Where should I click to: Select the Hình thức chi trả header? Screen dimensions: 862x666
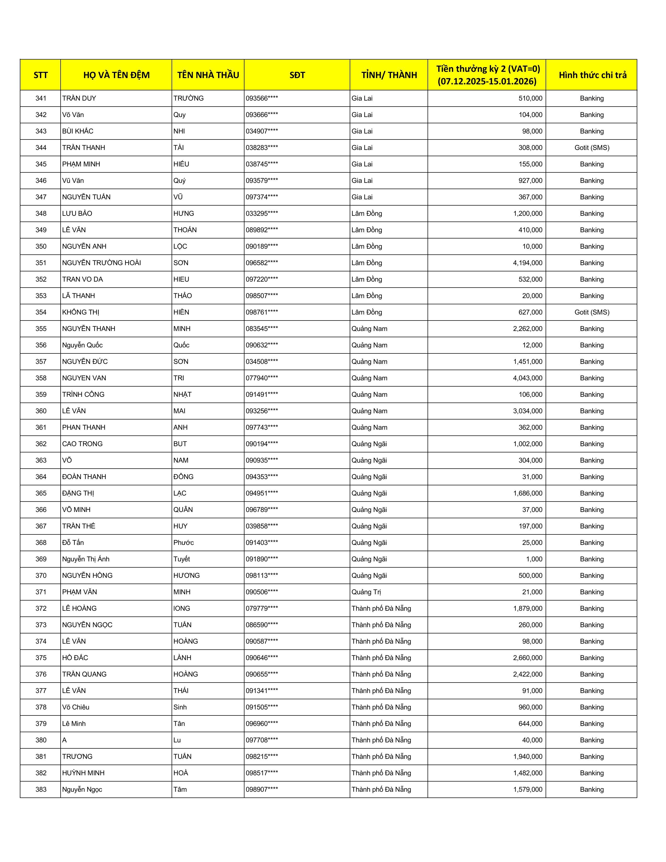(x=592, y=75)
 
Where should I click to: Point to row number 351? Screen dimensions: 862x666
(x=41, y=263)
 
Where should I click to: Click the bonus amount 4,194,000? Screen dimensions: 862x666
(x=528, y=263)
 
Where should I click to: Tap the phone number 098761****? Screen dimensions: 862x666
(x=262, y=312)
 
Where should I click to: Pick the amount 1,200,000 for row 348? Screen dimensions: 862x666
(x=528, y=213)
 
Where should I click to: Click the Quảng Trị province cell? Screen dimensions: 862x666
(x=366, y=592)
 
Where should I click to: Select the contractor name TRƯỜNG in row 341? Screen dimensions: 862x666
(x=188, y=98)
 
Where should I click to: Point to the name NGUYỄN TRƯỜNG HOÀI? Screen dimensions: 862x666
(x=101, y=263)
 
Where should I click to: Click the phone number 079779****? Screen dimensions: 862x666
(x=262, y=608)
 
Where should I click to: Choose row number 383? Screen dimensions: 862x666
(x=41, y=789)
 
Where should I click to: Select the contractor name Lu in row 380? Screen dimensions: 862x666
(x=177, y=740)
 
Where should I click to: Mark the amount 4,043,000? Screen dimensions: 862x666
(x=528, y=378)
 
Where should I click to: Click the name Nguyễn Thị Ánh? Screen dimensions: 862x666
(x=86, y=559)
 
